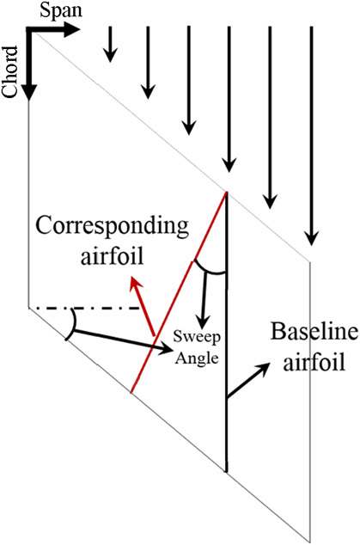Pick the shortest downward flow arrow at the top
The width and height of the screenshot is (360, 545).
click(109, 44)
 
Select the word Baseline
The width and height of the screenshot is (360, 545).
click(297, 330)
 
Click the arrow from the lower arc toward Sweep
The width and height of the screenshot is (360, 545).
click(120, 339)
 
